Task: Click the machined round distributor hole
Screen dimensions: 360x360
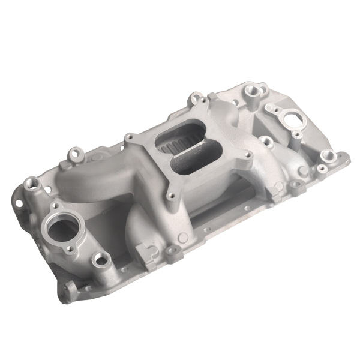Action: point(295,119)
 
